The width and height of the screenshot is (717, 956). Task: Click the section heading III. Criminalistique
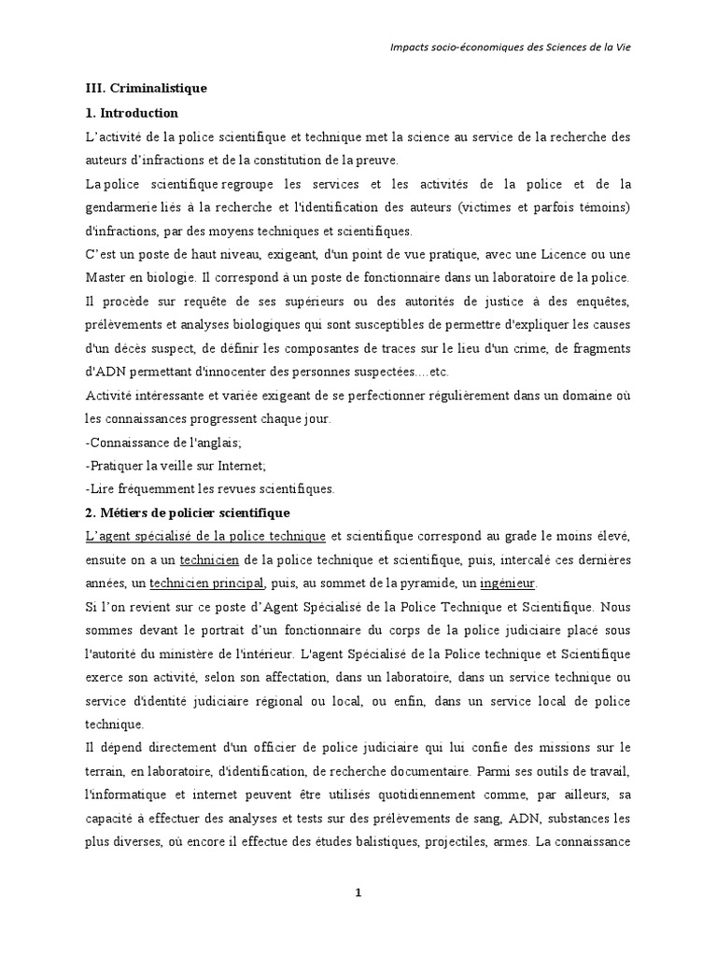click(x=145, y=89)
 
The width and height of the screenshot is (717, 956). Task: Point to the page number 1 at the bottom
click(x=358, y=893)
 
